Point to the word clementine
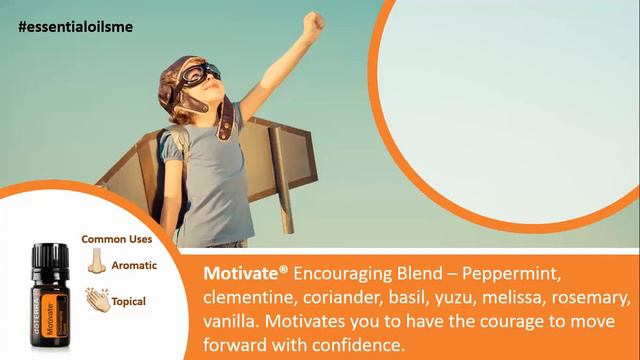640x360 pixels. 247,298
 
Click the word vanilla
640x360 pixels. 232,323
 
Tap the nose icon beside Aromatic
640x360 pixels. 97,263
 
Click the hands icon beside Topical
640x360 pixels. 97,299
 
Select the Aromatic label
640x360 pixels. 135,264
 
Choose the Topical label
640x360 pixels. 129,301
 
